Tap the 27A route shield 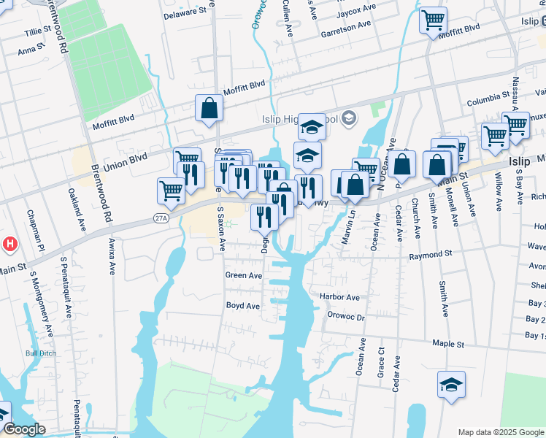tap(161, 218)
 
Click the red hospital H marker tap(9, 243)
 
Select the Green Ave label tap(244, 275)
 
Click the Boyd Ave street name tap(243, 306)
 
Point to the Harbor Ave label tap(339, 297)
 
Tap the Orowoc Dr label tap(345, 316)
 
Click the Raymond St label tap(431, 256)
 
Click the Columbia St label tap(488, 96)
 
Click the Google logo tap(24, 429)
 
